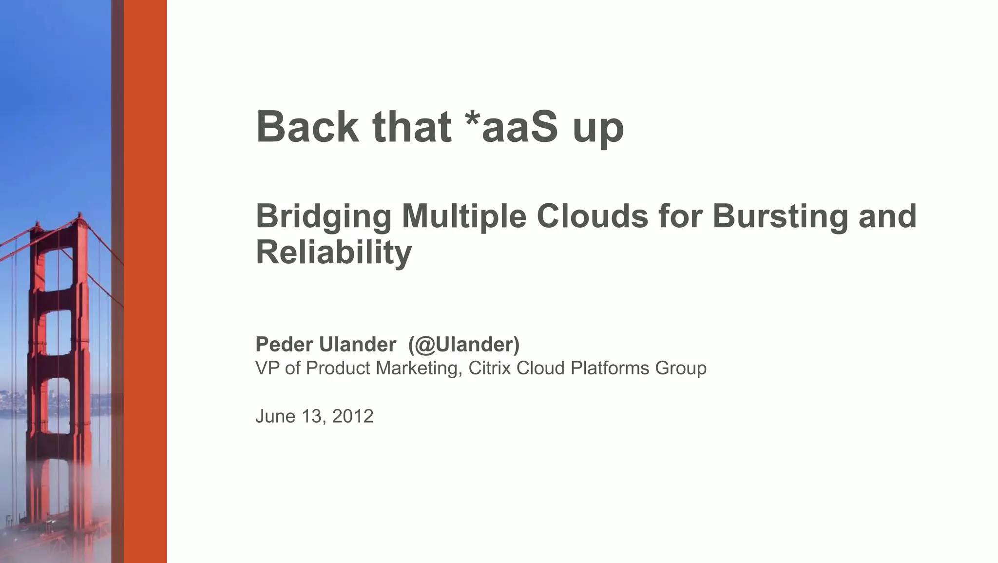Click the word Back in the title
coord(307,127)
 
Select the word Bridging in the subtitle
coord(323,216)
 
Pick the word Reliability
coord(334,252)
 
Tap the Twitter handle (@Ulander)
coord(464,345)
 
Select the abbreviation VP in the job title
coord(267,368)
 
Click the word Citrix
coord(490,368)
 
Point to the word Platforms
coord(610,368)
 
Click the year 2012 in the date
coord(352,416)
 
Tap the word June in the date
coord(275,416)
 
